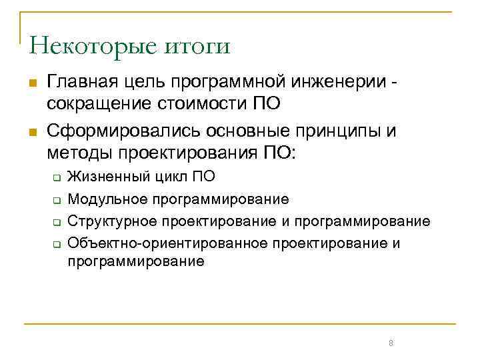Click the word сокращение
[95, 105]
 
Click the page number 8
[391, 343]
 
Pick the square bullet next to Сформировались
[31, 130]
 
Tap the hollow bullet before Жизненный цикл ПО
[57, 178]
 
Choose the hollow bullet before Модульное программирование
[57, 199]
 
